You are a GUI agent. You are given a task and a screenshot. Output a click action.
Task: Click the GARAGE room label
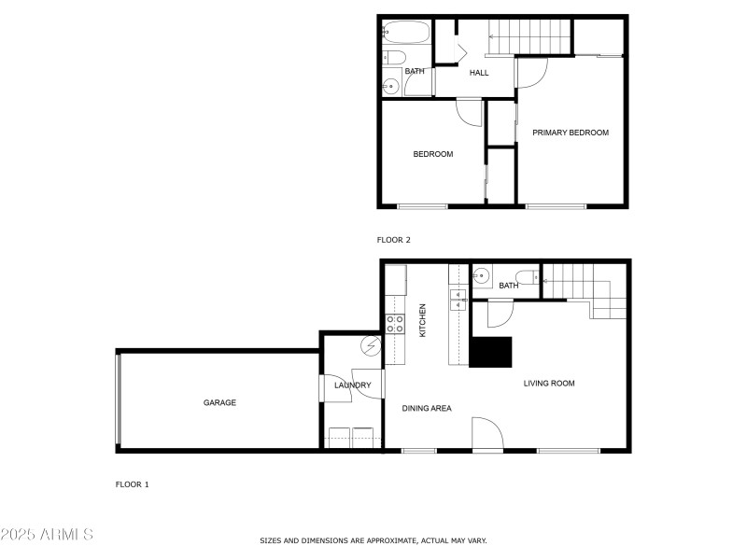coord(220,403)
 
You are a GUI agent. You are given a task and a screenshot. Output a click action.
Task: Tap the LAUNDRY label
coord(353,385)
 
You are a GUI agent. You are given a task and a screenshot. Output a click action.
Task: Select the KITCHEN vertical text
coord(423,319)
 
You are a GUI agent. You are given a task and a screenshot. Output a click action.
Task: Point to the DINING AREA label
coord(427,408)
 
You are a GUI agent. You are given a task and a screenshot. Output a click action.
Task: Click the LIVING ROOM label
coord(549,384)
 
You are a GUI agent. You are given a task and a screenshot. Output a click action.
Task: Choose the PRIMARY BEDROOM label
coord(571,133)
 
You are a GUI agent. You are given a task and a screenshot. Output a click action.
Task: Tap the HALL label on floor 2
coord(479,73)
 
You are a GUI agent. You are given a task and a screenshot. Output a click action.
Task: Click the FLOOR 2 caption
coord(394,240)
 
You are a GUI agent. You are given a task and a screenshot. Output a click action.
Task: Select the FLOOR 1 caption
coord(132,484)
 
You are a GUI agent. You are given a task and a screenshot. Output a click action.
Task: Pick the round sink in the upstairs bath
coord(391,87)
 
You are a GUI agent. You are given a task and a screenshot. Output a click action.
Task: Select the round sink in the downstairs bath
coord(482,275)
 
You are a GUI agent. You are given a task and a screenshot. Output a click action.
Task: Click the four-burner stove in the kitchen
coord(396,324)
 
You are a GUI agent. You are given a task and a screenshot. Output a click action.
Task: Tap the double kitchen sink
coord(458,299)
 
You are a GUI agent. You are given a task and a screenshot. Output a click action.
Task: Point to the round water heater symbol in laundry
coord(371,346)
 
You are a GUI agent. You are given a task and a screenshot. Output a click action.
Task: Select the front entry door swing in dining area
coord(487,435)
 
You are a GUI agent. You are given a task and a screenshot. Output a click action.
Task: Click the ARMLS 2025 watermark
coord(47,535)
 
